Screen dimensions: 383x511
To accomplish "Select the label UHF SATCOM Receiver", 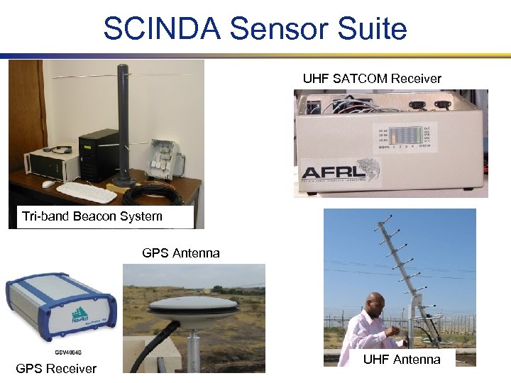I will click(372, 79).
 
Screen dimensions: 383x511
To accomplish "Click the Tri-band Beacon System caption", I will click(92, 216).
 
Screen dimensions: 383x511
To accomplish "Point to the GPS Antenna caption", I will click(181, 253).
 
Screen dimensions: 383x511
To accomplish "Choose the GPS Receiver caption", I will click(56, 368).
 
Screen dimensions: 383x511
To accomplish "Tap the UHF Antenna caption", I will click(402, 360).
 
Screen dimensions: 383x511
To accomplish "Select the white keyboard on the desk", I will click(86, 191).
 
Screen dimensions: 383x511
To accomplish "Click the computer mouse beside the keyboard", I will click(48, 184).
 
